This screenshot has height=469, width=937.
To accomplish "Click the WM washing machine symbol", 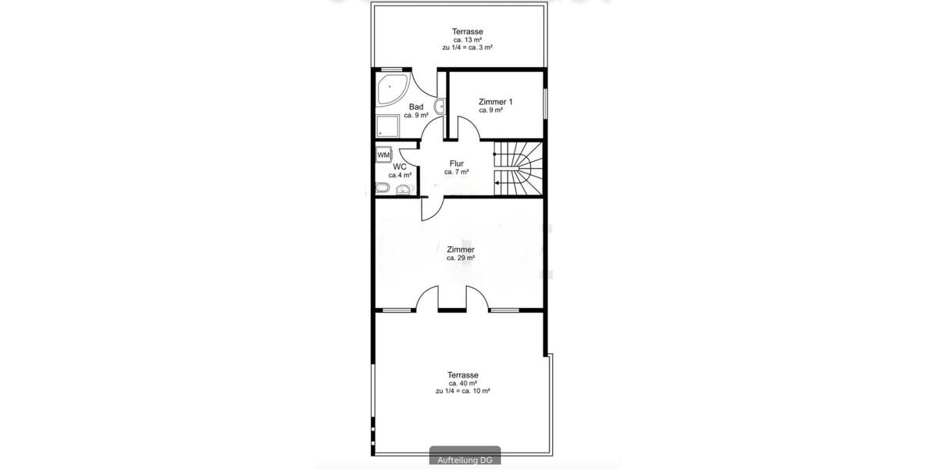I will [383, 155].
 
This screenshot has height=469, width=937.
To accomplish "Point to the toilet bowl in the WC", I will [383, 188].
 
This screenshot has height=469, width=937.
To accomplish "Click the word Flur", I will [457, 163].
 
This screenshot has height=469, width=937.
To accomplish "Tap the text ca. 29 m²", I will [461, 257].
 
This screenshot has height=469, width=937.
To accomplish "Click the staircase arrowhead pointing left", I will [498, 183].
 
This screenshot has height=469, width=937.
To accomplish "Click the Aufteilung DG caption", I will [466, 460].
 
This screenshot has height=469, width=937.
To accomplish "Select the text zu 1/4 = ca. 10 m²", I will [463, 391].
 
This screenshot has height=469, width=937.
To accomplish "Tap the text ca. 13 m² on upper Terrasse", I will [467, 40].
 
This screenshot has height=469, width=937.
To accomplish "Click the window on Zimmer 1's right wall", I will [545, 102].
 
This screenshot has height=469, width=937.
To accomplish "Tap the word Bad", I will [416, 107].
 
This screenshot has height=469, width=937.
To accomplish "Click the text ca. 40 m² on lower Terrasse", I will [463, 383].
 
